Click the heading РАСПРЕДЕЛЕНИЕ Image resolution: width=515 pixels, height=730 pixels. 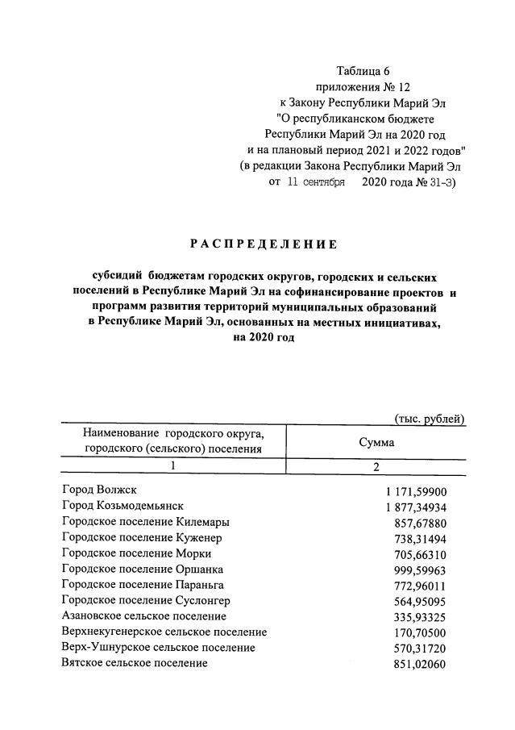coord(264,244)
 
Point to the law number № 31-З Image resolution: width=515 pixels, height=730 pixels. coord(435,183)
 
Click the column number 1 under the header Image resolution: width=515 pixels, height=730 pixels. coord(172,466)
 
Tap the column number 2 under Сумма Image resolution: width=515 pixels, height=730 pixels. coord(376,466)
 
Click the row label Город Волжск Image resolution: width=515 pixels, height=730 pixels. coord(101,490)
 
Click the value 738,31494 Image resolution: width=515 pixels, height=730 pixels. coord(424,537)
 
